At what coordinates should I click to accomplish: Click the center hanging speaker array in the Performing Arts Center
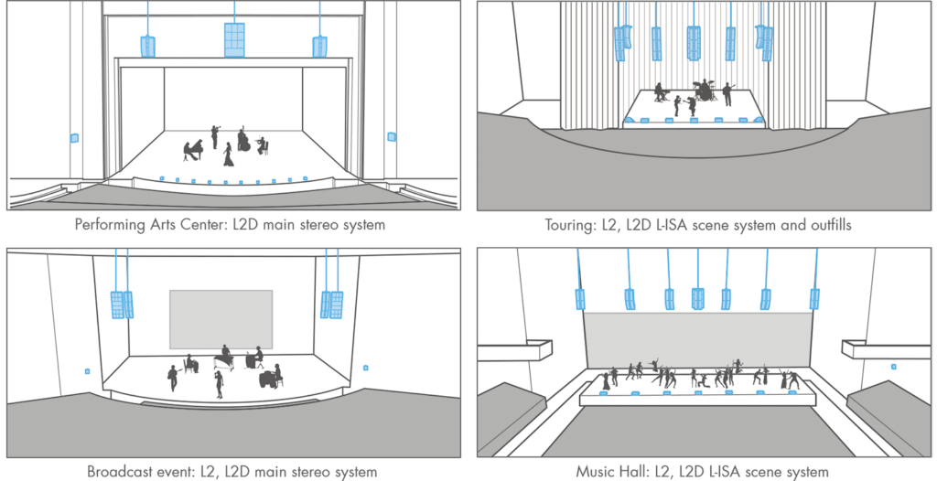[234, 40]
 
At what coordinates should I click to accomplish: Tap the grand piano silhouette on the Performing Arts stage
[192, 151]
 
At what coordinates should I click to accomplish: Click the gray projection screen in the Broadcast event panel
[221, 319]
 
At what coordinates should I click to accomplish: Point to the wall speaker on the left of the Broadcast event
[87, 371]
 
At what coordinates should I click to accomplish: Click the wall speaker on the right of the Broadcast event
[366, 368]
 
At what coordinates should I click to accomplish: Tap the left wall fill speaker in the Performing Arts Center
[74, 138]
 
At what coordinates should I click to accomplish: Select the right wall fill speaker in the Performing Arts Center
[392, 137]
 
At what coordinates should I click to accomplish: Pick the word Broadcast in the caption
[117, 472]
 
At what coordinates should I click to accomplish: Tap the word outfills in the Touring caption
[827, 225]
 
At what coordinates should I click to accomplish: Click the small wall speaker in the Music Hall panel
[893, 367]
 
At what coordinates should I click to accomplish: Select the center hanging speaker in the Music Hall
[697, 299]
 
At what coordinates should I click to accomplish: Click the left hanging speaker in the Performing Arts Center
[147, 46]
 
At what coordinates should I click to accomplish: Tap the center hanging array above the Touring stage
[694, 43]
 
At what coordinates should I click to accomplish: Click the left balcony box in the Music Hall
[514, 349]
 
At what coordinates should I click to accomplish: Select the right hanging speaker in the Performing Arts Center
[319, 46]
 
